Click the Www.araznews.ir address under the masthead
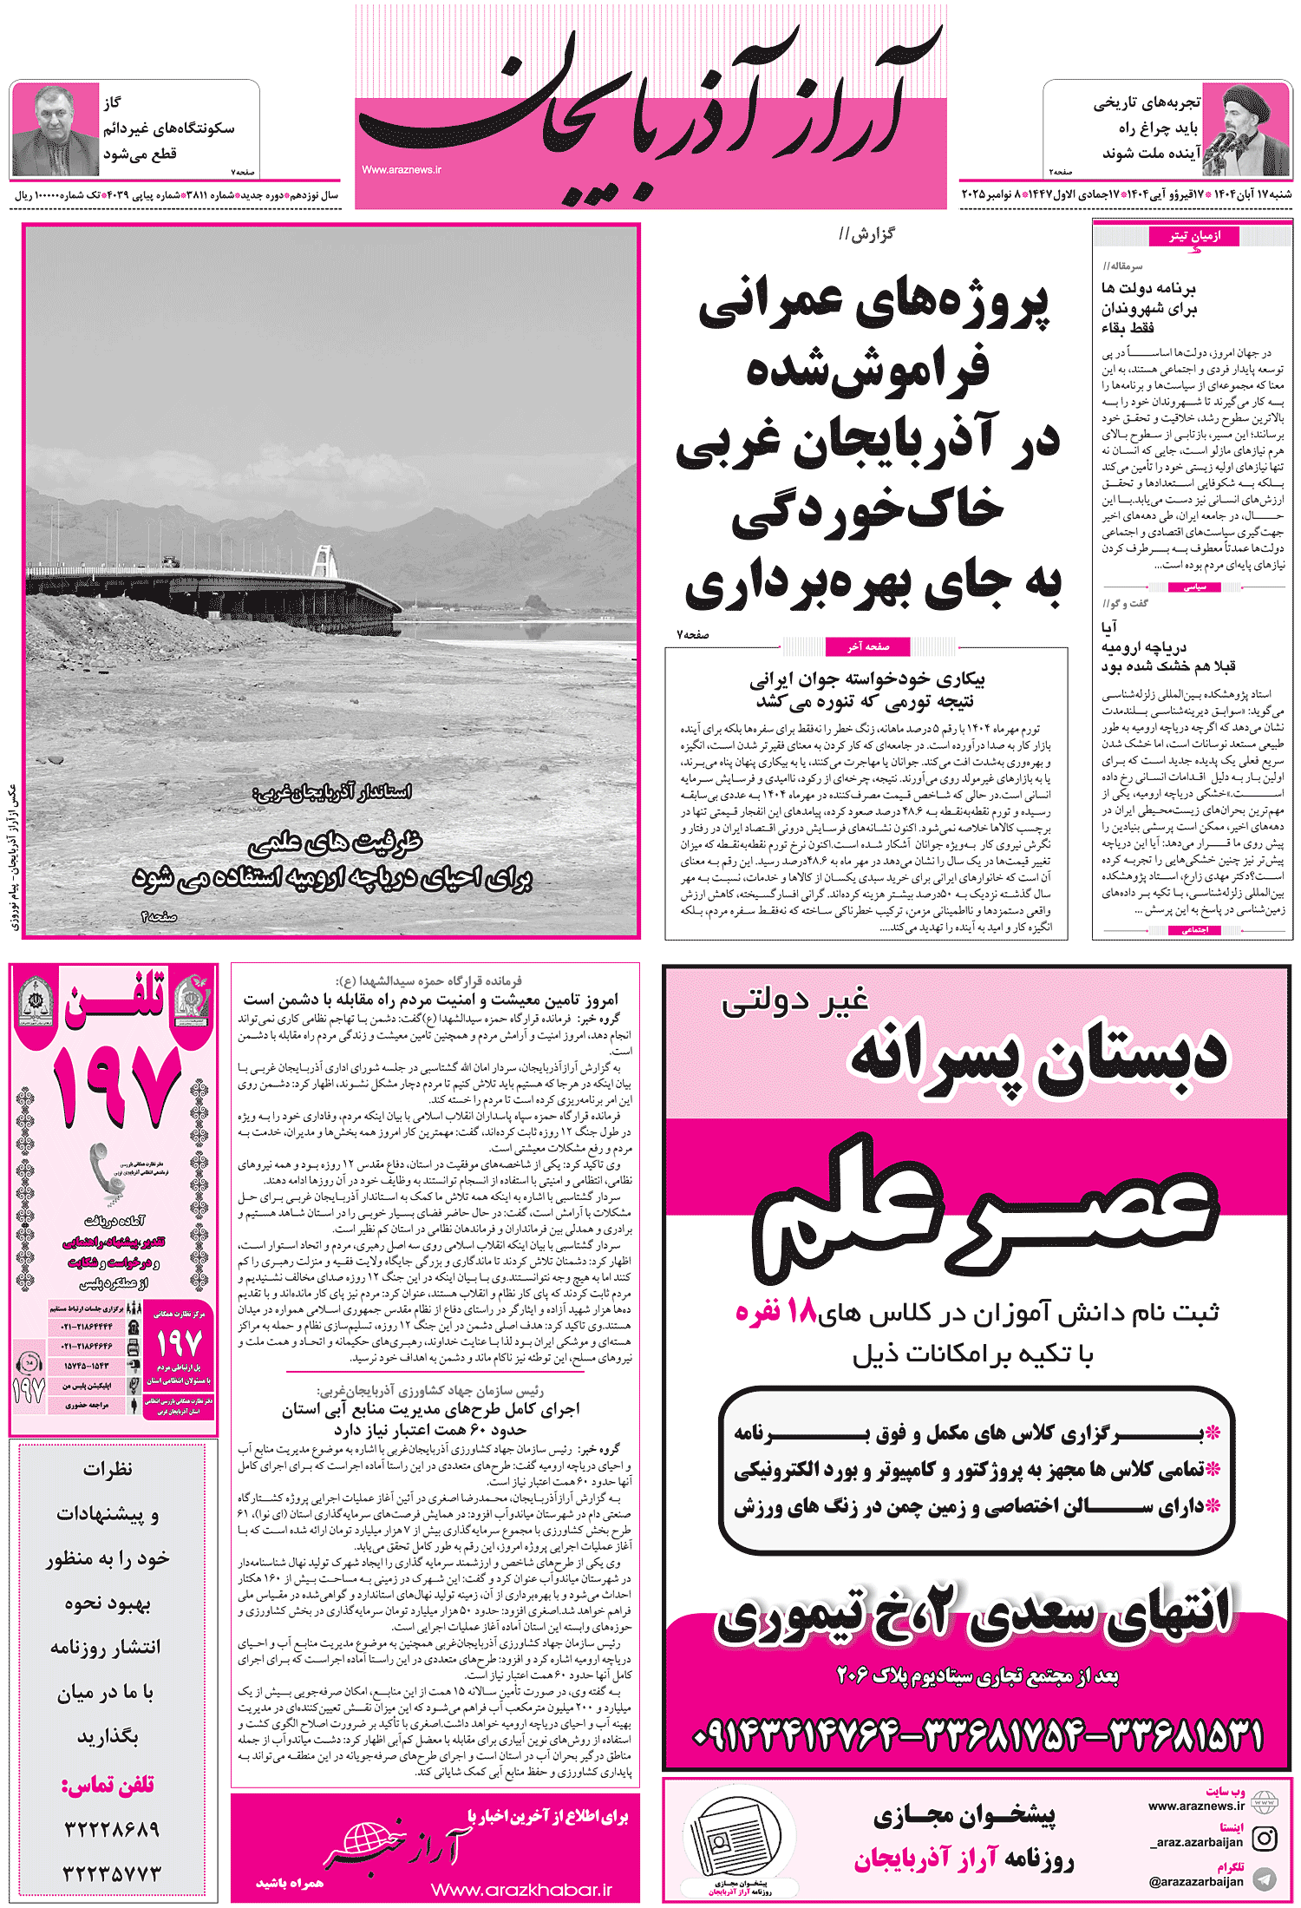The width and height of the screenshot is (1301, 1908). point(402,170)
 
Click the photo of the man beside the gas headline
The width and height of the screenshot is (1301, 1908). point(55,130)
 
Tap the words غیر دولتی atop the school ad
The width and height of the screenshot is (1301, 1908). point(794,1002)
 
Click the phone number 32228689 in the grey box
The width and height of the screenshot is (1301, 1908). point(111,1829)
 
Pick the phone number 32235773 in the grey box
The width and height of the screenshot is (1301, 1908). point(111,1872)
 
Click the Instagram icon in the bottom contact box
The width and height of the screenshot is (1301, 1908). point(1265,1838)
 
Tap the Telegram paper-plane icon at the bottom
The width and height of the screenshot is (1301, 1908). point(1265,1878)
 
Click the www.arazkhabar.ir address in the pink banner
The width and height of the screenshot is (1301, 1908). point(521,1889)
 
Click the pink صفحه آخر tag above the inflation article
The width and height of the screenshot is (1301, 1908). point(867,646)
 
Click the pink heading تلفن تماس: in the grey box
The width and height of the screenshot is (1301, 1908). point(108,1785)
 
